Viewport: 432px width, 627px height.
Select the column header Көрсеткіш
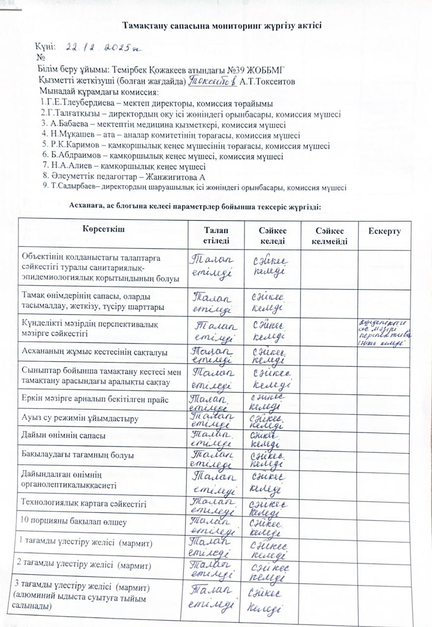coord(102,230)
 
